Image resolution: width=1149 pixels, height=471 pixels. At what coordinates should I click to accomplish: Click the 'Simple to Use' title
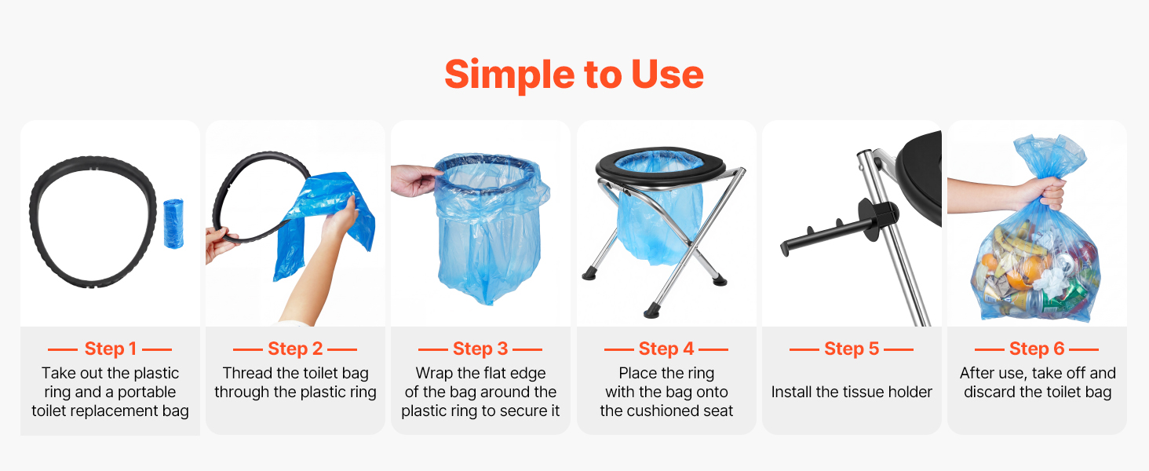click(x=574, y=75)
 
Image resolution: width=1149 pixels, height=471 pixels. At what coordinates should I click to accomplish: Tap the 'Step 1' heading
click(x=111, y=349)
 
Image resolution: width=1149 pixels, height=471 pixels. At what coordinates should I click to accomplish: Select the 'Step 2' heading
click(x=295, y=349)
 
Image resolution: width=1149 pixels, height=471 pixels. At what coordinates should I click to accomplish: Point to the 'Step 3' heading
click(x=480, y=349)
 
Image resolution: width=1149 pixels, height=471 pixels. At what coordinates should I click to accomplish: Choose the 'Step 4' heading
click(x=666, y=349)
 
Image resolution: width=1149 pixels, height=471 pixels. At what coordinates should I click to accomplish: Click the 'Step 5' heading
click(x=852, y=349)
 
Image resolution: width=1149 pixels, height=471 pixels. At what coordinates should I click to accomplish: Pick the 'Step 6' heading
click(x=1037, y=349)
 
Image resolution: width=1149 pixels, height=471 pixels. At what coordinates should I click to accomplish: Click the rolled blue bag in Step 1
click(x=173, y=224)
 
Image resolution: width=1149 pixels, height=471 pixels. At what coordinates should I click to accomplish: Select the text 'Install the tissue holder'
click(x=852, y=392)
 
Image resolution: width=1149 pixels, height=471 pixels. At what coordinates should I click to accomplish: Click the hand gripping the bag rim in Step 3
click(x=414, y=181)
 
